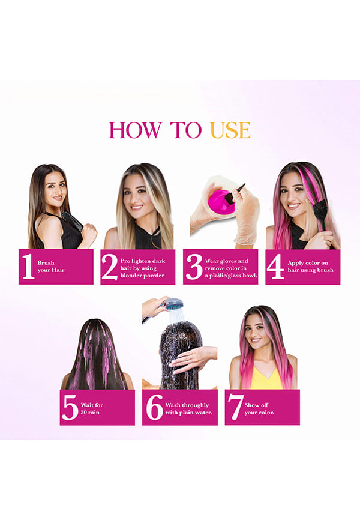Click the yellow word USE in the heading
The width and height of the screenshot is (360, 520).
230,130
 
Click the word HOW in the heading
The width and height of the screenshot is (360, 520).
135,130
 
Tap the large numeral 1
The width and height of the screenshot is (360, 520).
28,266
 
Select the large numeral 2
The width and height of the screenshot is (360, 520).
110,267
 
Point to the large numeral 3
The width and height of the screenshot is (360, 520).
194,267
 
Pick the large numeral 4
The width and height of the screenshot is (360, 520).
276,267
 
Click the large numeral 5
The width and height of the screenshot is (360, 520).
70,407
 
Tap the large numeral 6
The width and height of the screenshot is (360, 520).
154,407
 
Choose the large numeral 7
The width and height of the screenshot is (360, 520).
235,407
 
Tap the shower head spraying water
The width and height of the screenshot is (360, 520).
174,303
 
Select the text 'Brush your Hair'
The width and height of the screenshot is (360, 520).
51,266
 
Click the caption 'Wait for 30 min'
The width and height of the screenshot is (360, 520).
92,408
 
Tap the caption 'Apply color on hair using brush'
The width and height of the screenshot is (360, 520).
310,266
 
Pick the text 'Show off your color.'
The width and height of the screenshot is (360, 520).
259,408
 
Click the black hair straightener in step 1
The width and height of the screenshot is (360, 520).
72,221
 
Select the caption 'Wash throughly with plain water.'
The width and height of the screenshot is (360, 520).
188,408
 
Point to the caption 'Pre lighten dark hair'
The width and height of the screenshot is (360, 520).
143,265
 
